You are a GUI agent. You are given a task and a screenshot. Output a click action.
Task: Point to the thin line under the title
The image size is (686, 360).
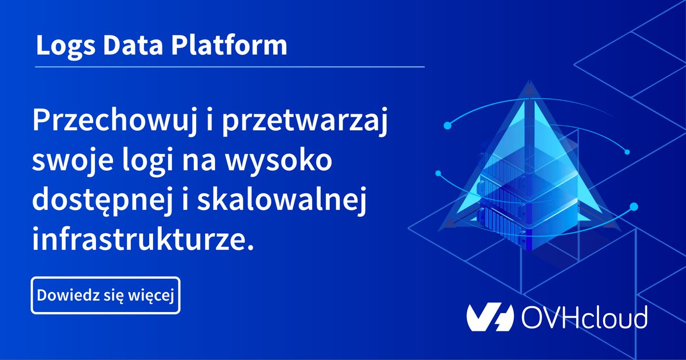tap(229, 67)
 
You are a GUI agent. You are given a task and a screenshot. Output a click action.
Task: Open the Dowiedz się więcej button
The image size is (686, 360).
tap(106, 295)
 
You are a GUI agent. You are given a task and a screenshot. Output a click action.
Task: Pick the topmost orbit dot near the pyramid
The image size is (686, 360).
tap(448, 124)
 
